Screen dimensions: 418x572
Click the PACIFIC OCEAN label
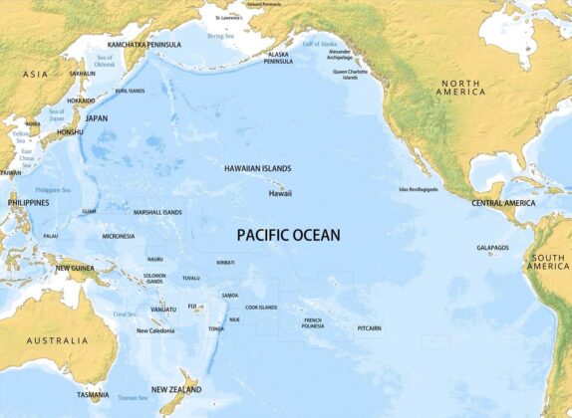coord(288,236)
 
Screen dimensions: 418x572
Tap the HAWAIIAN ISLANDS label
coord(257,169)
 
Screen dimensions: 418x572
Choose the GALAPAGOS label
coord(492,248)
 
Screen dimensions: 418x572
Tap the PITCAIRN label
coord(371,327)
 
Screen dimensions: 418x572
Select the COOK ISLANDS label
coord(261,308)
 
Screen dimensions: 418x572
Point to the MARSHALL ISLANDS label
coord(158,212)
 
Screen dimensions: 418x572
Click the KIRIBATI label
coord(226,263)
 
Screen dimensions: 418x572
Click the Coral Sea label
coord(125,313)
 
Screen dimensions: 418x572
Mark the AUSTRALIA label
coord(57,341)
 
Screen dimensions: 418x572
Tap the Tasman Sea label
coord(133,398)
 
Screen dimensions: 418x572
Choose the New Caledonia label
coord(155,330)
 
